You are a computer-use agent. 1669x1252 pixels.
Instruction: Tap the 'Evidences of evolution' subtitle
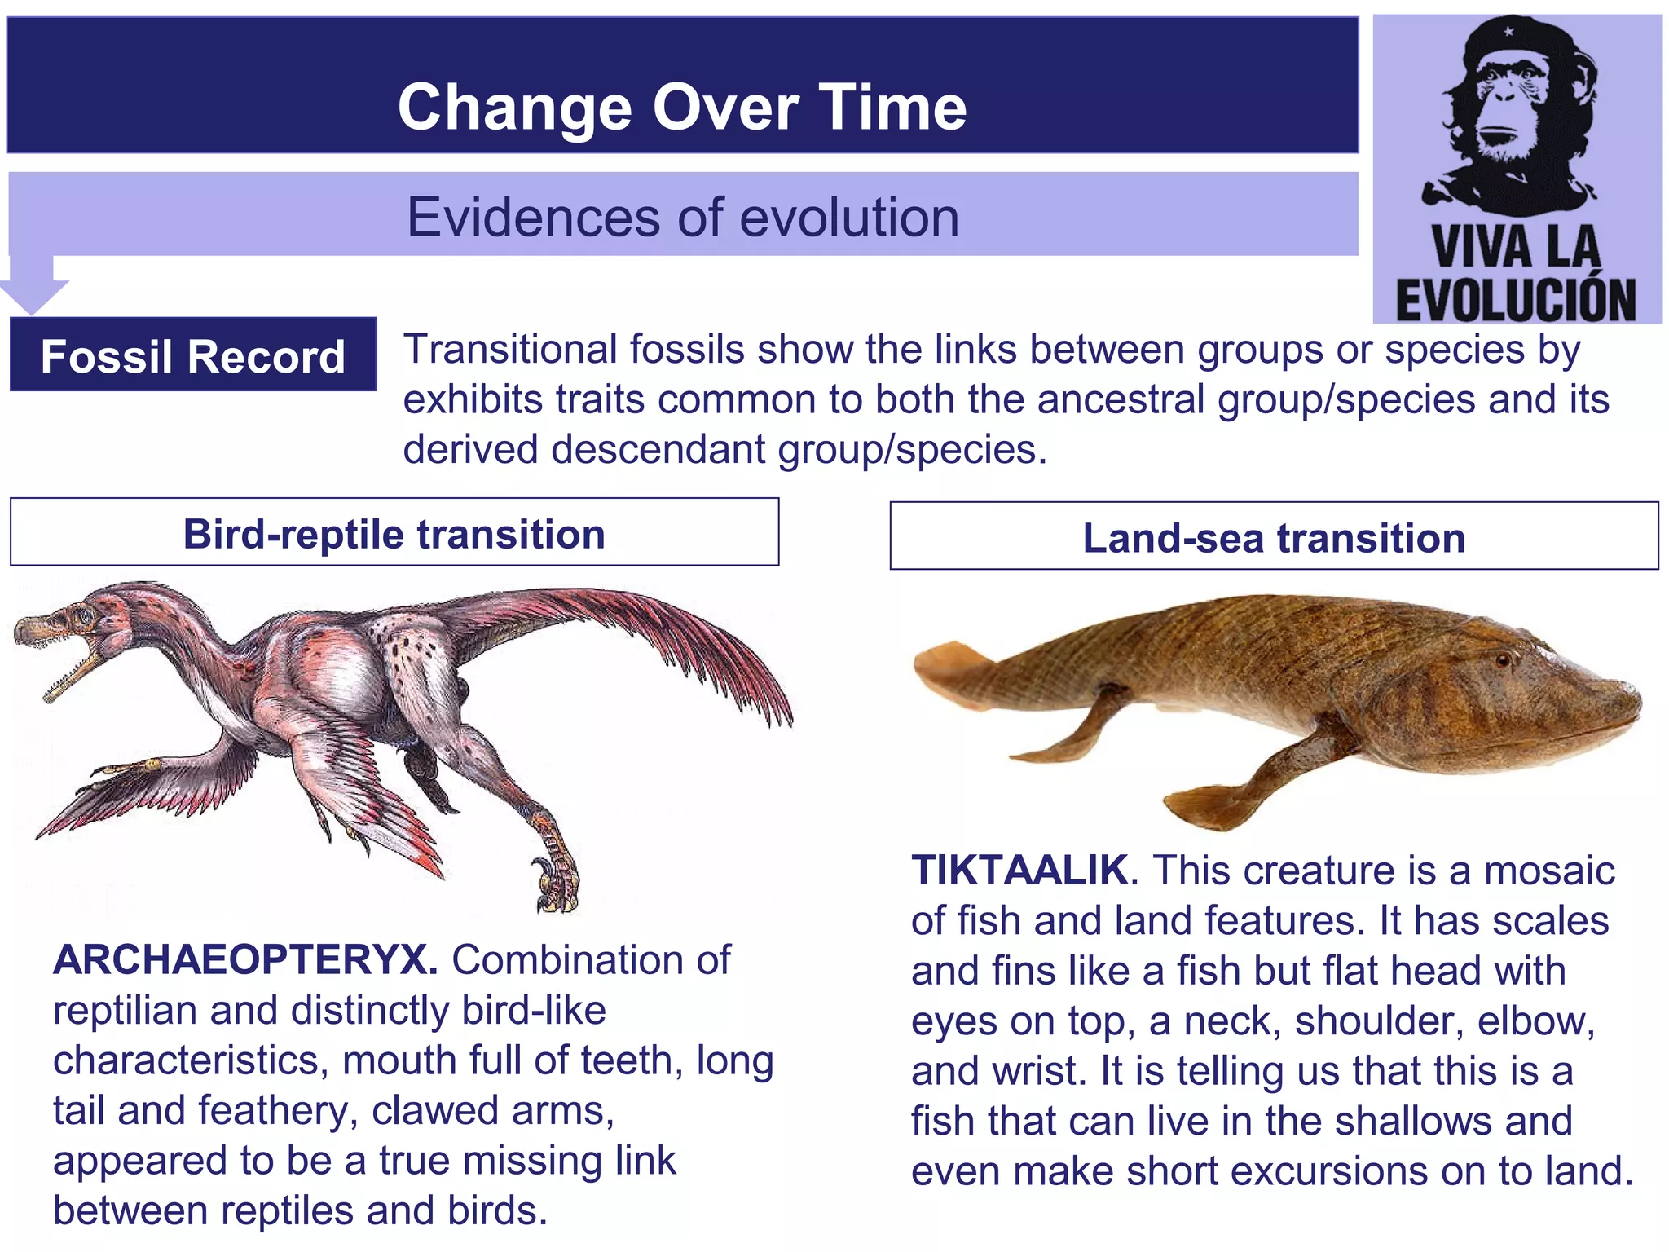tap(682, 218)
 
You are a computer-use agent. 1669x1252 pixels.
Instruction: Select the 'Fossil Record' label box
tap(192, 356)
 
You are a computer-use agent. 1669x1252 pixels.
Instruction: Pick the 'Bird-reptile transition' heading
tap(394, 535)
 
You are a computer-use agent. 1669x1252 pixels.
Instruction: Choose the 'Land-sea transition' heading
tap(1273, 538)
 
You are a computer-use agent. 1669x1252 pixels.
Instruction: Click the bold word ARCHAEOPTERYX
tap(244, 960)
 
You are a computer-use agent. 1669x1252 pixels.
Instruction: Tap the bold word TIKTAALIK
tap(1019, 871)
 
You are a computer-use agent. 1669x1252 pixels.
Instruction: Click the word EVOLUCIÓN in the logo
tap(1516, 300)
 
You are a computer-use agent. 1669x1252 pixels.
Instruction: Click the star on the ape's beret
tap(1508, 33)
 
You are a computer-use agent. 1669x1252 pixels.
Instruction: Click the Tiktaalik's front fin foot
tap(1206, 807)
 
